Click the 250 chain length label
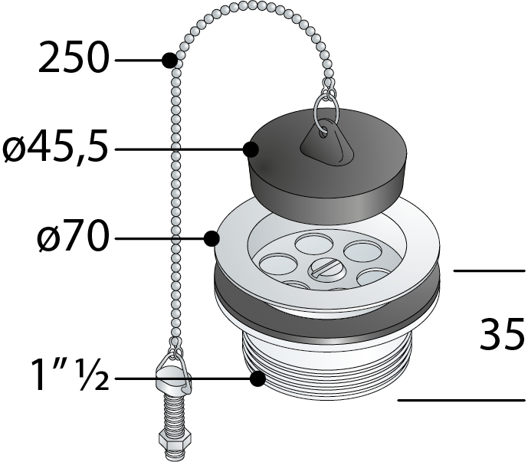(74, 57)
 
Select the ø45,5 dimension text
(56, 148)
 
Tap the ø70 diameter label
(74, 236)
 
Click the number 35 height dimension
(503, 334)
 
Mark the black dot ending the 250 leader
(169, 61)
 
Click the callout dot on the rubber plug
(251, 149)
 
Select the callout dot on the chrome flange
(212, 239)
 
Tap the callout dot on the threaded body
(258, 378)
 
